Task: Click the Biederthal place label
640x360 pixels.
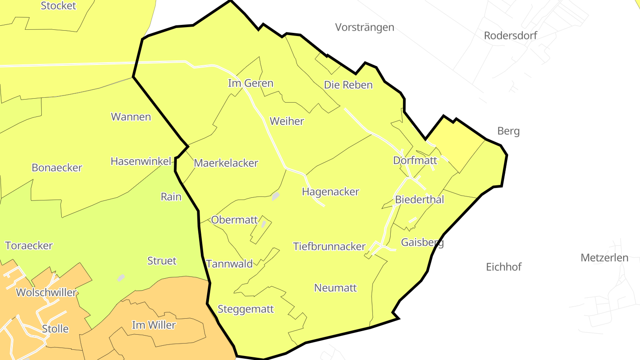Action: [419, 200]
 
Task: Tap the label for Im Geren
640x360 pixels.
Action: [250, 83]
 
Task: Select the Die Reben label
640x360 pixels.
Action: [348, 85]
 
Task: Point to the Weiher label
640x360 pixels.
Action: [287, 121]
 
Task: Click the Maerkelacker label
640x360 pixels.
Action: [226, 163]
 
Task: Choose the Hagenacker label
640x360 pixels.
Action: [330, 192]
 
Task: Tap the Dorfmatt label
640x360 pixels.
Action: [415, 160]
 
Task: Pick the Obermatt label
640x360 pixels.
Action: [234, 220]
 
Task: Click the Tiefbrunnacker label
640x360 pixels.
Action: [329, 246]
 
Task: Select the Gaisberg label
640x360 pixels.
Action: [422, 243]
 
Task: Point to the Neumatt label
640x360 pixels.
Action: [335, 288]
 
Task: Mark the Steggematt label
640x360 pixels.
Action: [246, 309]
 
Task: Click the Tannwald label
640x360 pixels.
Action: [229, 264]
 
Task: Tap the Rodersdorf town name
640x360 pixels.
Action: [510, 36]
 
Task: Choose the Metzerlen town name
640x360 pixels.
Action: [604, 257]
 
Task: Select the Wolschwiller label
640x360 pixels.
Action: [46, 293]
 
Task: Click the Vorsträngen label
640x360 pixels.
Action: [364, 27]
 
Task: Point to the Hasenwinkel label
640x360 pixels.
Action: [140, 161]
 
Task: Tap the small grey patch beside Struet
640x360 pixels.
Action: [121, 278]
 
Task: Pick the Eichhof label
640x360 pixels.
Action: [504, 267]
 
